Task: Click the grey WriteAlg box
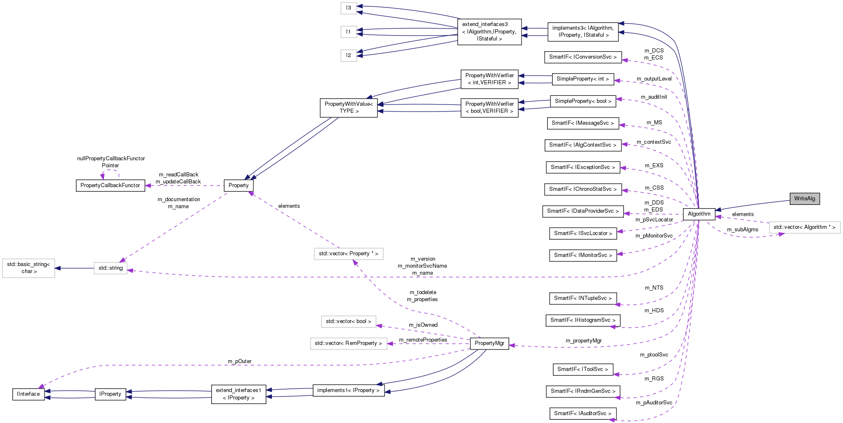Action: (804, 199)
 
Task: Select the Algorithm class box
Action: (699, 214)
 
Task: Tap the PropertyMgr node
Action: (489, 343)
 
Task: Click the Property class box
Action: (238, 185)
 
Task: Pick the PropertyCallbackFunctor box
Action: (110, 185)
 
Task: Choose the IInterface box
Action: (28, 394)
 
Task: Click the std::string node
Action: (111, 268)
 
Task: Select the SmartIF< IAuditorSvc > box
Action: (583, 413)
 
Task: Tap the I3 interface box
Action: (349, 8)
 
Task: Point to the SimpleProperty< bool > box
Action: (583, 101)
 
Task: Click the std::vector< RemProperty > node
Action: (348, 343)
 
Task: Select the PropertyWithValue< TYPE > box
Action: (349, 107)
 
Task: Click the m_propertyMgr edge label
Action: (583, 341)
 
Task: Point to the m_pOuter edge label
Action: (239, 361)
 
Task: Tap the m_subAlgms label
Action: (742, 230)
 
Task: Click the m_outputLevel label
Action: (654, 79)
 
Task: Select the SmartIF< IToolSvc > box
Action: (583, 369)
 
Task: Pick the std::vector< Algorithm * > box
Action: (804, 227)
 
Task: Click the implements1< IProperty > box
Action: (348, 390)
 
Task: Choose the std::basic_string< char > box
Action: (28, 268)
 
